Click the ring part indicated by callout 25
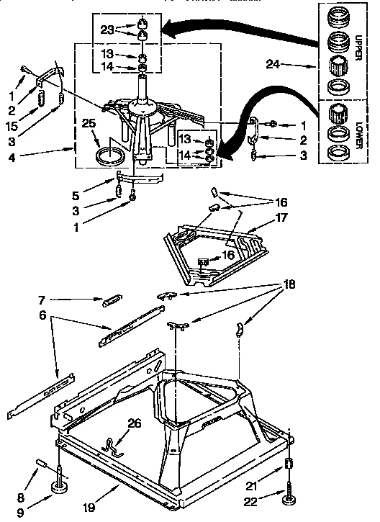coord(109,154)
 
